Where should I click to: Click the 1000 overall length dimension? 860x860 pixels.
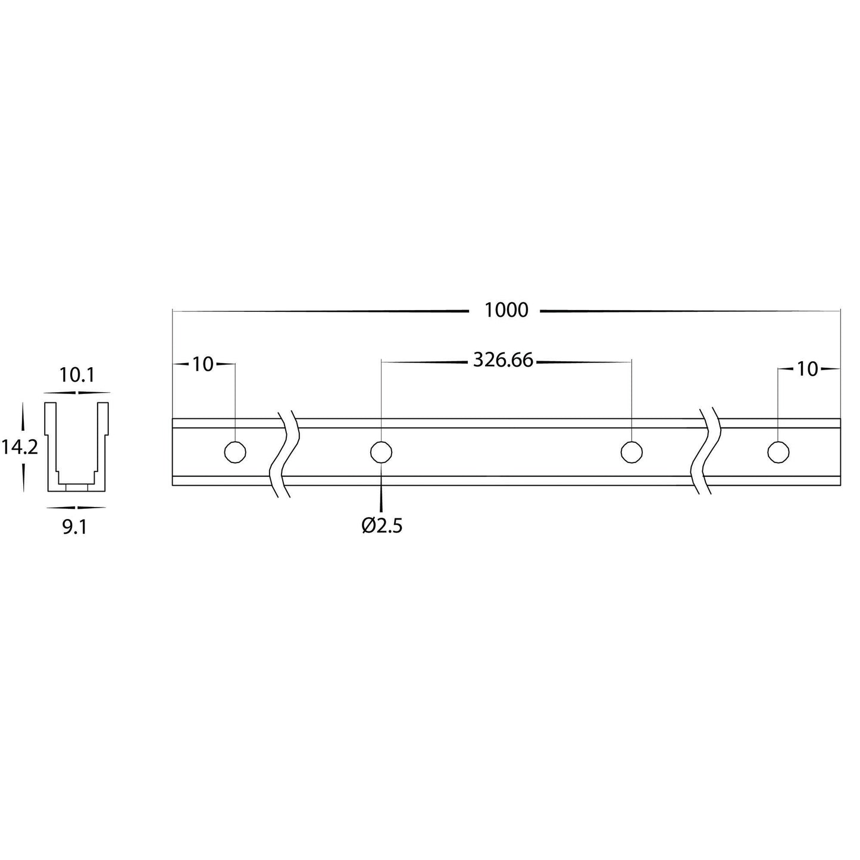pyautogui.click(x=506, y=310)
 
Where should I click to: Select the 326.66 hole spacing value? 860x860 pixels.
pyautogui.click(x=503, y=361)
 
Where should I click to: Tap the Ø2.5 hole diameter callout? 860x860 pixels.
pyautogui.click(x=381, y=525)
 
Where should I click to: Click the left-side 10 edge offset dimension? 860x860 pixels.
pyautogui.click(x=203, y=364)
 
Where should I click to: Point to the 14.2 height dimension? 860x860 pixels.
pyautogui.click(x=19, y=446)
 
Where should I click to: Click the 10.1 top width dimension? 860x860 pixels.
pyautogui.click(x=77, y=375)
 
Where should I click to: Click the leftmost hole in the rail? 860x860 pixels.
pyautogui.click(x=235, y=452)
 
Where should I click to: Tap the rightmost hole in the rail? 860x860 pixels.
pyautogui.click(x=778, y=452)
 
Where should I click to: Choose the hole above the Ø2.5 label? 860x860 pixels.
pyautogui.click(x=381, y=452)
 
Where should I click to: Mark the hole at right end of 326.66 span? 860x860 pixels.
pyautogui.click(x=631, y=452)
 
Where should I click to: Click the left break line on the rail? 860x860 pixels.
pyautogui.click(x=284, y=453)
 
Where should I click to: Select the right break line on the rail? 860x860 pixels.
pyautogui.click(x=708, y=453)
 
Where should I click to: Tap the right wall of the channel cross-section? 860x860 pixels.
pyautogui.click(x=103, y=446)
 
